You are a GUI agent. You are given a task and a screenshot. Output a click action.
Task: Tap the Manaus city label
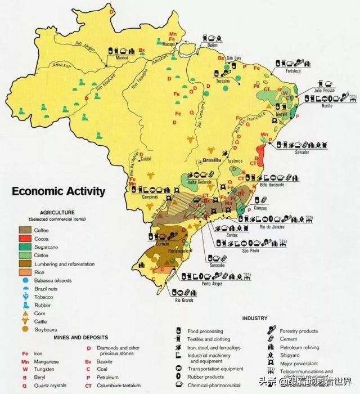(123, 57)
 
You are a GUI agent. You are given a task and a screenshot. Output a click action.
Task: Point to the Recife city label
(327, 106)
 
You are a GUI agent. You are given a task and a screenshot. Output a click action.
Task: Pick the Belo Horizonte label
(272, 185)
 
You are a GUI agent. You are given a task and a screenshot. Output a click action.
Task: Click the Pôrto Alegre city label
(206, 284)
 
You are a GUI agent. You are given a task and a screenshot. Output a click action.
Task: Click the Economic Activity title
(58, 191)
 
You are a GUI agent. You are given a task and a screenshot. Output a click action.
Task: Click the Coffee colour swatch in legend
(25, 230)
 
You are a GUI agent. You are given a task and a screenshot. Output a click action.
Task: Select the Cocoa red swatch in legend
(25, 238)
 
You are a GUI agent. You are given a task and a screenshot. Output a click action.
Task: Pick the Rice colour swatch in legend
(25, 272)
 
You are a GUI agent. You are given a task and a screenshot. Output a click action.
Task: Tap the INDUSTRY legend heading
(255, 319)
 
